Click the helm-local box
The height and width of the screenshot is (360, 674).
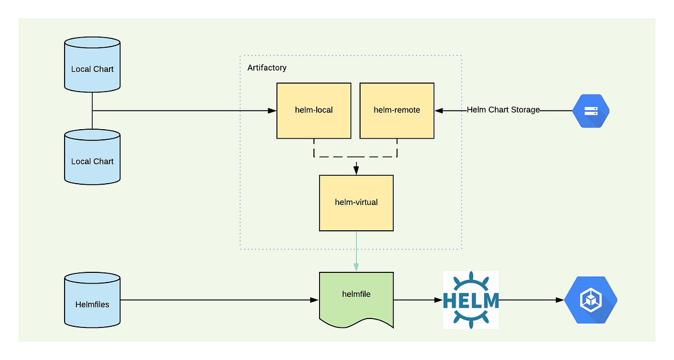point(313,110)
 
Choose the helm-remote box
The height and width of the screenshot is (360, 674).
point(397,110)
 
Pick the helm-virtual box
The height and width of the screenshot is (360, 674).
point(356,203)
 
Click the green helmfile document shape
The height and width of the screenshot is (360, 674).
point(356,298)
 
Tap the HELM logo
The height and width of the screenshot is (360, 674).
point(471,300)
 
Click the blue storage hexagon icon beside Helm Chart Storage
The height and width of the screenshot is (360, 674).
point(591,111)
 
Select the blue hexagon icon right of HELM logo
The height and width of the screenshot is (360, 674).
point(591,300)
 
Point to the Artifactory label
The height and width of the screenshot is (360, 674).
point(267,68)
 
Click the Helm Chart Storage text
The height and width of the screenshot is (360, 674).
point(503,110)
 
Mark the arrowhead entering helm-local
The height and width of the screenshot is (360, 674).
point(272,111)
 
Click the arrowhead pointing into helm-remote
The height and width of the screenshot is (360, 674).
point(439,111)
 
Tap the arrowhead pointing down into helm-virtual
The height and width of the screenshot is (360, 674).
point(356,170)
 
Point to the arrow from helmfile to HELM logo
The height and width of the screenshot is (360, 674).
point(418,300)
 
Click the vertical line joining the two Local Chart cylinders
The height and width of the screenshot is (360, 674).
point(92,111)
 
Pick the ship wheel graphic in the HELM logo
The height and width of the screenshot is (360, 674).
point(471,281)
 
